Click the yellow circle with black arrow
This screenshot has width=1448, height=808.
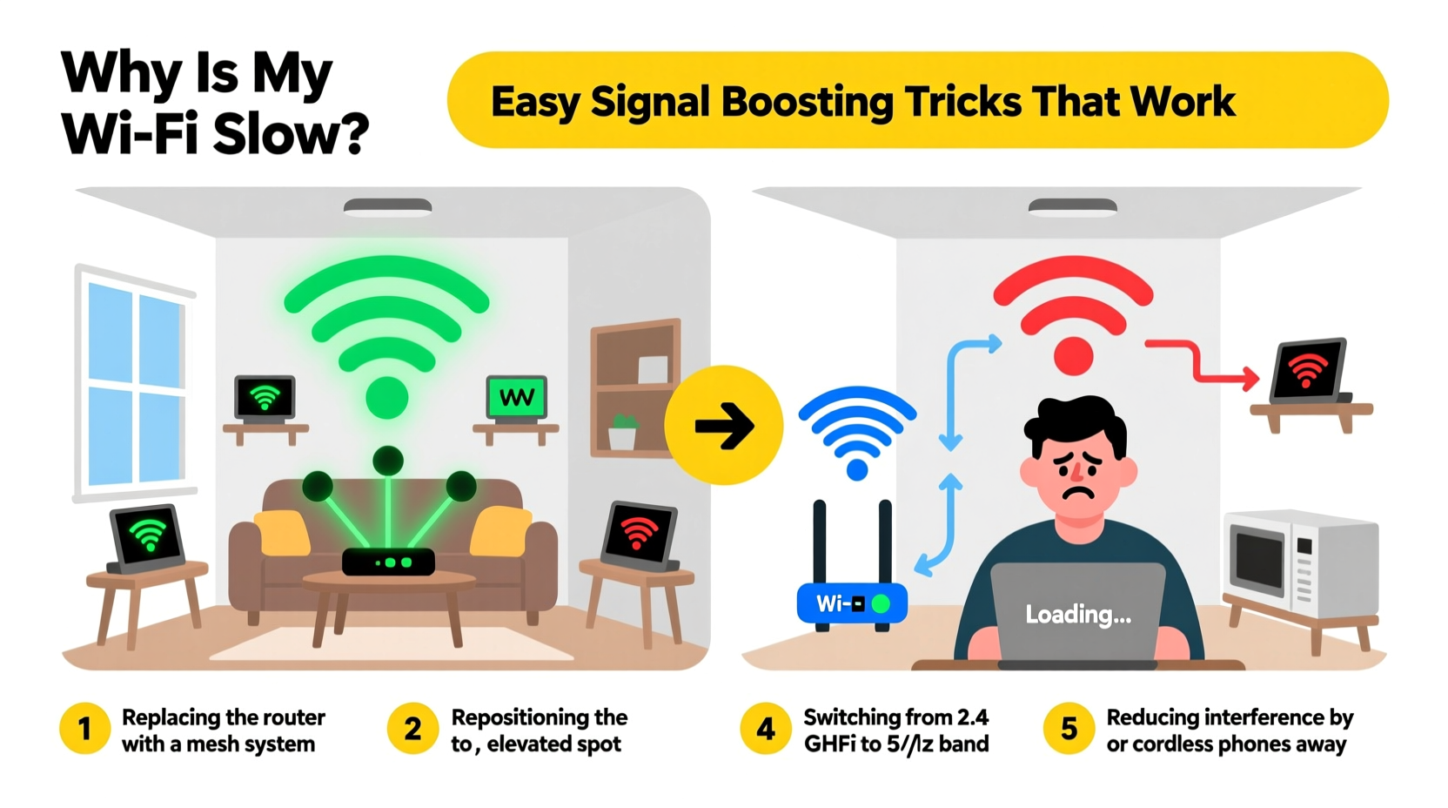click(x=723, y=426)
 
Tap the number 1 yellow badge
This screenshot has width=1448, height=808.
click(x=84, y=729)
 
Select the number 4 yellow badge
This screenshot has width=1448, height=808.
click(x=765, y=729)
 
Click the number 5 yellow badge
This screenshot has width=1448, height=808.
click(x=1069, y=729)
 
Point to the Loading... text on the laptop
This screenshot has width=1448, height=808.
click(x=1078, y=615)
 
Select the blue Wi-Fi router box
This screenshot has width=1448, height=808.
click(x=852, y=603)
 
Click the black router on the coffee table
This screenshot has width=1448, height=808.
click(x=388, y=562)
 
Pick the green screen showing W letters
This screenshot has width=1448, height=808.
click(x=517, y=398)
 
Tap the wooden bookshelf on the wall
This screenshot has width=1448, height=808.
click(x=635, y=387)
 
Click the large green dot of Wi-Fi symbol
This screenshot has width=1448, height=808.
click(x=387, y=398)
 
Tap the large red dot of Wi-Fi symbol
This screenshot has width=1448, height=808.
click(x=1073, y=356)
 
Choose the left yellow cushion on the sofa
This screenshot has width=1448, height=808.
click(x=282, y=531)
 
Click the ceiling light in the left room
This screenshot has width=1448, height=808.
click(x=387, y=207)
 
